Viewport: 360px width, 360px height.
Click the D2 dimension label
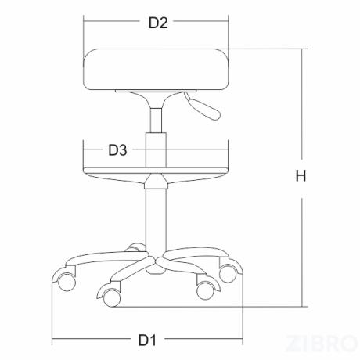(158, 23)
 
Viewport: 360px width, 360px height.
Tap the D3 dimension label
(117, 150)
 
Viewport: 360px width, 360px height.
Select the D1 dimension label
(147, 340)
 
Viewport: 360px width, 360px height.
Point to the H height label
(301, 175)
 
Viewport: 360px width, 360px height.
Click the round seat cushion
(156, 70)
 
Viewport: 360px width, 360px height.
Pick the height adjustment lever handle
(203, 107)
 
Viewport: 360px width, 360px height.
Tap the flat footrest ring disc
(156, 171)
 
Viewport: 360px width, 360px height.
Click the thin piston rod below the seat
(156, 121)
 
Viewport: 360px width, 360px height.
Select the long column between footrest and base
(156, 219)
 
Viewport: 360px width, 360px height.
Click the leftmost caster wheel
(67, 282)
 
